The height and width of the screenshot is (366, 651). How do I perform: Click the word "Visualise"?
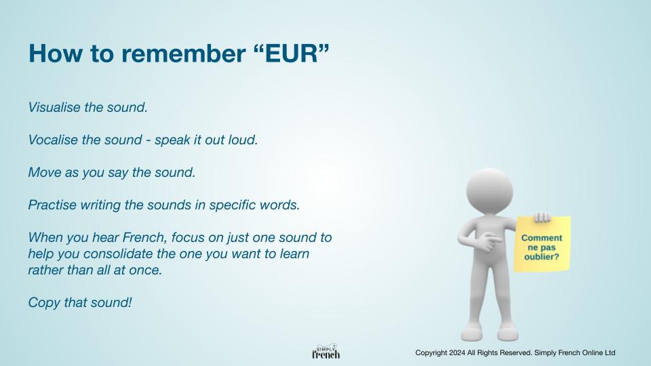tap(54, 107)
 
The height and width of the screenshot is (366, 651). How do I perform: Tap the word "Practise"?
tap(52, 205)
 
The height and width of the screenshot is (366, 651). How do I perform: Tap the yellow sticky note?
tap(542, 244)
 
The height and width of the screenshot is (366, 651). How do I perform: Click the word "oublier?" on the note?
tap(541, 257)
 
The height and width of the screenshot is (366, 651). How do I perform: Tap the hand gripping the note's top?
tap(542, 217)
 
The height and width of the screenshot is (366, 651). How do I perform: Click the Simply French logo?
tap(326, 352)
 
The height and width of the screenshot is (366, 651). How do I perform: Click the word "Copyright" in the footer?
tap(431, 353)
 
